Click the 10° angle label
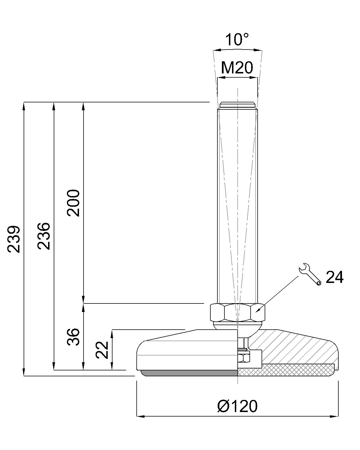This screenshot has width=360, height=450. coord(237,40)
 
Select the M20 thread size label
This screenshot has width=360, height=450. coord(237,67)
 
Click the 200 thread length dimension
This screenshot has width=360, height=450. coord(74,203)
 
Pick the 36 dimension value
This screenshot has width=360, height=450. coord(74,337)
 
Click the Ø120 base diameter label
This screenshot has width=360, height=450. coord(237,406)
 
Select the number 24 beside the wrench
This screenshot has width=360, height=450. coord(334,278)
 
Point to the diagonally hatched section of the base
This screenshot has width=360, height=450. coord(295,349)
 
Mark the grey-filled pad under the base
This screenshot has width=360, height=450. coord(188,373)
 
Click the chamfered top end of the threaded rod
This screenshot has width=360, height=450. coord(238,105)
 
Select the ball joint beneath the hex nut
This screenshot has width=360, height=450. coord(238,326)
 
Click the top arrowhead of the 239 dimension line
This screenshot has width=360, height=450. coord(24,105)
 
